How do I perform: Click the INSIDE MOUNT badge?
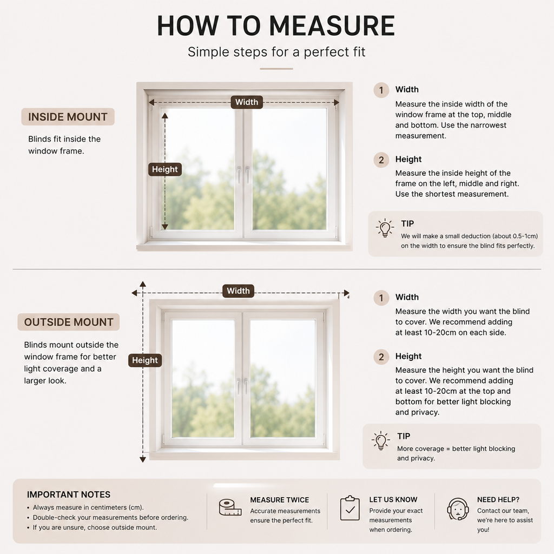coord(68,117)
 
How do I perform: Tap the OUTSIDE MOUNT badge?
coord(69,322)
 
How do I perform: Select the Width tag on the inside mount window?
coord(247,102)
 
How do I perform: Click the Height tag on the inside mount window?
coord(164,169)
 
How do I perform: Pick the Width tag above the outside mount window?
coord(238,291)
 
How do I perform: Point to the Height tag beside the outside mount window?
coord(145,360)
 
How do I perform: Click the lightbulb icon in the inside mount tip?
coord(385,228)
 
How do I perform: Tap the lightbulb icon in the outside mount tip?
coord(381,440)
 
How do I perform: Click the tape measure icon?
coord(230,507)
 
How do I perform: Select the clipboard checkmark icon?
coord(350,508)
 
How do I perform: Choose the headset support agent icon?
coord(458,509)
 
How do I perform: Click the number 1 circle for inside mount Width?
coord(381,90)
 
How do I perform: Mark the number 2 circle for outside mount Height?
coord(381,357)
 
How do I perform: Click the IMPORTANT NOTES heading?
coord(69,494)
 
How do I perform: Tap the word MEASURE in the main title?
coord(332,25)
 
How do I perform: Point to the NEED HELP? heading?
coord(498,499)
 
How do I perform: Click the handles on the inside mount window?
coord(243,175)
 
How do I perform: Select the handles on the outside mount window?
coord(242,386)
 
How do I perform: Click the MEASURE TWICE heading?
coord(280,499)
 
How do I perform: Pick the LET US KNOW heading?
coord(393,499)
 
